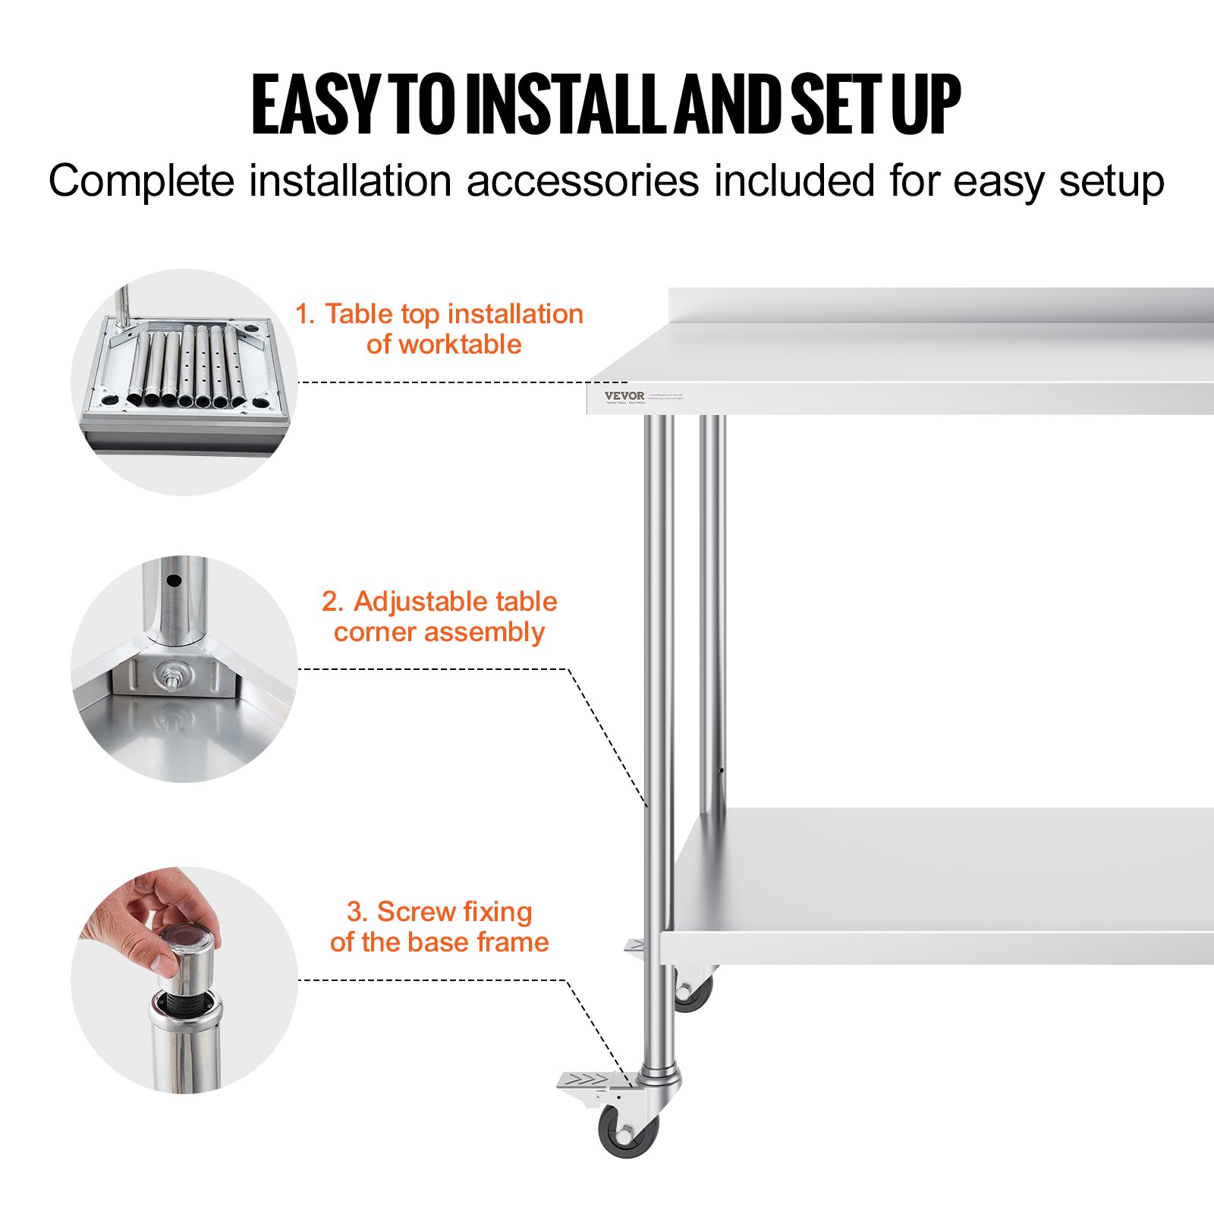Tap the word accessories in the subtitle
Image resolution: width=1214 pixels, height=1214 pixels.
click(x=582, y=181)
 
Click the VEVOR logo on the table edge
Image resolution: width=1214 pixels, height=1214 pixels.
click(x=624, y=395)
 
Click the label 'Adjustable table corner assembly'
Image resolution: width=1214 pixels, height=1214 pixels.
click(x=439, y=616)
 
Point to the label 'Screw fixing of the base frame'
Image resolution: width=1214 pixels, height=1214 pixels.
click(x=439, y=926)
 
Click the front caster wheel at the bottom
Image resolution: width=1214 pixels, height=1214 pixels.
click(x=627, y=1131)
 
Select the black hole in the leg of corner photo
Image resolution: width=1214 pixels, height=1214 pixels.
click(x=174, y=581)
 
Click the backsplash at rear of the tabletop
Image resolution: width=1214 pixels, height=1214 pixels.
click(x=941, y=305)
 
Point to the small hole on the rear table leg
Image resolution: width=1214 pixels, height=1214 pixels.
click(x=720, y=771)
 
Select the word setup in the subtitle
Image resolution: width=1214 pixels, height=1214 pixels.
click(x=1112, y=181)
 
